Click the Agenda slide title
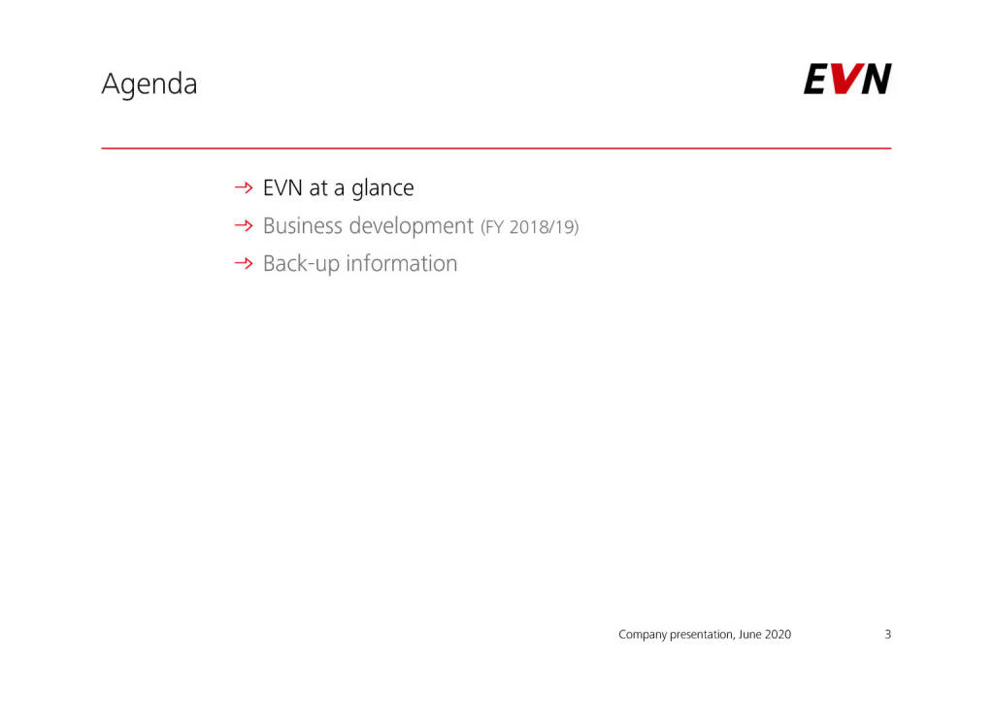[x=149, y=84]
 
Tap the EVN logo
[x=847, y=79]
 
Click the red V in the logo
[x=845, y=79]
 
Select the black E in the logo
[x=815, y=79]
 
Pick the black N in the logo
[x=877, y=79]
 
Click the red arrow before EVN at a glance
[x=244, y=187]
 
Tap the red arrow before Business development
[x=244, y=225]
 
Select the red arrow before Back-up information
[x=244, y=263]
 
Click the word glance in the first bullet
[x=382, y=189]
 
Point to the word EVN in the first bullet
[x=282, y=187]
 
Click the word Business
[x=303, y=225]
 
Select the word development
[x=412, y=227]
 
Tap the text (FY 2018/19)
[x=529, y=227]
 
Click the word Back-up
[x=301, y=264]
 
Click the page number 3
[x=887, y=634]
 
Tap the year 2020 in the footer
[x=778, y=634]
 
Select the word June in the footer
[x=750, y=634]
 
